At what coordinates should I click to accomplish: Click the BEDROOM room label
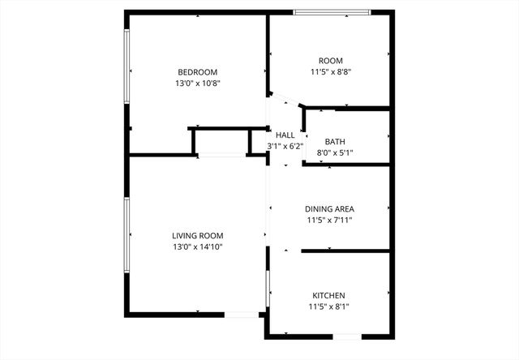click(198, 71)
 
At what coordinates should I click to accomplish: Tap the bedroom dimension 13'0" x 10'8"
click(198, 83)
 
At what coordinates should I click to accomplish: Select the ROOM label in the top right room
click(330, 61)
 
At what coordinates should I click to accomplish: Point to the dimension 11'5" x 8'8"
click(330, 72)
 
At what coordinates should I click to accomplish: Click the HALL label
click(285, 135)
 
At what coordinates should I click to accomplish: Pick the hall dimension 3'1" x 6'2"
click(285, 146)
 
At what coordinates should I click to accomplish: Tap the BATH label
click(335, 141)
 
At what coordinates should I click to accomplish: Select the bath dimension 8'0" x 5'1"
click(335, 152)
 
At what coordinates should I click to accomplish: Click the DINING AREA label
click(329, 208)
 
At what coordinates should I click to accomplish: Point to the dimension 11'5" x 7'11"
click(329, 220)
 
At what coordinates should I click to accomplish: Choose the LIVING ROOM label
click(197, 235)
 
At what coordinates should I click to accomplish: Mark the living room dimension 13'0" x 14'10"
click(197, 246)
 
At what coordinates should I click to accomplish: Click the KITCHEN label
click(329, 295)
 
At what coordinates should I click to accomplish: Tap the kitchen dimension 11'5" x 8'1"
click(329, 306)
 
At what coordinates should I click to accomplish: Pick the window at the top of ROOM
click(332, 11)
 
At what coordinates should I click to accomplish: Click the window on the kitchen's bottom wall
click(348, 336)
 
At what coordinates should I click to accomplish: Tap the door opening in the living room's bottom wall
click(240, 315)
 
